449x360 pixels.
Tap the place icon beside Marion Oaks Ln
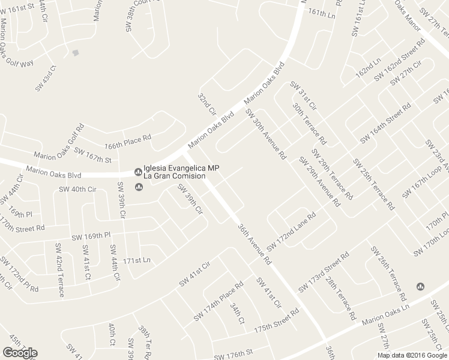coord(420,286)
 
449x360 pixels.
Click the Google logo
coord(19,353)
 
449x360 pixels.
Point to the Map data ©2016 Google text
coord(412,355)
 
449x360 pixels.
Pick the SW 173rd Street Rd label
coord(324,272)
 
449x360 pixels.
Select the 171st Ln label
coord(136,260)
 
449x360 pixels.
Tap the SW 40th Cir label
coord(77,190)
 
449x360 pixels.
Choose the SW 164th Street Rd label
coord(386,122)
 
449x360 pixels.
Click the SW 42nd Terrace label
coord(59,275)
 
